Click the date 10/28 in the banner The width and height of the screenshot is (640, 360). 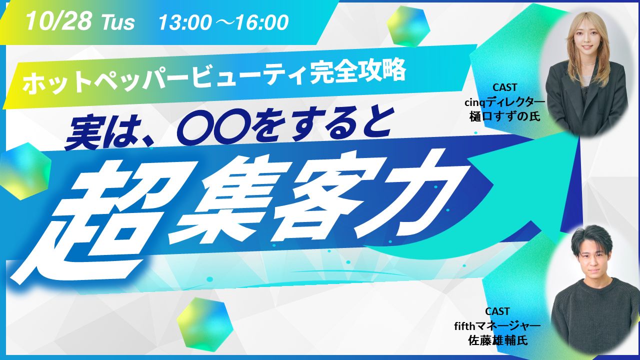click(58, 21)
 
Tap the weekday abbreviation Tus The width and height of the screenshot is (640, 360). click(117, 22)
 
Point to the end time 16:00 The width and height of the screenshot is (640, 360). click(260, 22)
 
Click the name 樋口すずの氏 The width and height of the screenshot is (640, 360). click(505, 116)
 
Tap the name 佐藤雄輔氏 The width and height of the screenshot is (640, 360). click(497, 340)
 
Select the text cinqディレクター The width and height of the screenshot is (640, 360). click(505, 102)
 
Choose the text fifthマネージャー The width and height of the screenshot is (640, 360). click(497, 325)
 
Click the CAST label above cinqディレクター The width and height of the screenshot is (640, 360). click(505, 87)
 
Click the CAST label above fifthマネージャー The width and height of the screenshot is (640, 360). click(497, 311)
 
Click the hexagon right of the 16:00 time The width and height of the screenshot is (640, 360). click(408, 26)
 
